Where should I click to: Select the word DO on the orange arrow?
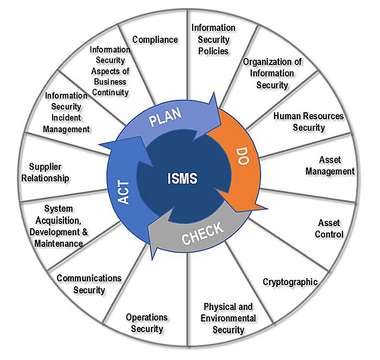click(238, 159)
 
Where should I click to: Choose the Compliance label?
click(155, 40)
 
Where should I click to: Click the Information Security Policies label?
click(213, 39)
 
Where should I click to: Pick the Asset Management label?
click(330, 166)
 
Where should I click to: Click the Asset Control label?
click(330, 228)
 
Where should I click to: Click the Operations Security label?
click(147, 323)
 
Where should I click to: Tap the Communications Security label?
click(90, 284)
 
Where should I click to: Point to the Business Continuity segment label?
click(110, 70)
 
